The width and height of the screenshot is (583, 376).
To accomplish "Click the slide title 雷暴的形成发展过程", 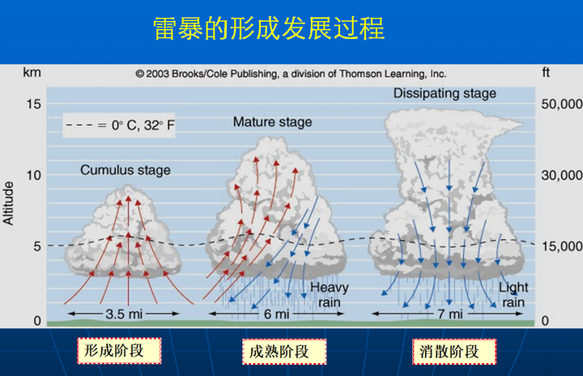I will tap(269, 28).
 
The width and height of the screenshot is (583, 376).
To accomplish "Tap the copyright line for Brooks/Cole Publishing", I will tap(291, 73).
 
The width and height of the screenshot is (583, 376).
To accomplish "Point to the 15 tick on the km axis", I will tap(32, 104).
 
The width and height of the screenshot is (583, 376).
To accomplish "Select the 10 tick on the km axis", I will tap(32, 175).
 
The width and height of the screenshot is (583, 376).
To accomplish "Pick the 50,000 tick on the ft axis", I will tap(560, 104).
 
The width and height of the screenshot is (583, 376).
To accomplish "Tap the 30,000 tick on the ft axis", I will tap(560, 175).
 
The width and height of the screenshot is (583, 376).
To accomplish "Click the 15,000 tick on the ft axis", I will tap(560, 246).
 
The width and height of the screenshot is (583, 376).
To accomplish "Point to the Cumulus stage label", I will tap(126, 170).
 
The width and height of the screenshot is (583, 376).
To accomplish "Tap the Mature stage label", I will tap(272, 122).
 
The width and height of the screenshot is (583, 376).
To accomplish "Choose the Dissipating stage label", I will tap(445, 93).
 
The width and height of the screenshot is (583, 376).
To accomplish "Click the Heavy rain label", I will tap(330, 295).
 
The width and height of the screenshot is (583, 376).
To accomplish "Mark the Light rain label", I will tap(513, 295).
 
